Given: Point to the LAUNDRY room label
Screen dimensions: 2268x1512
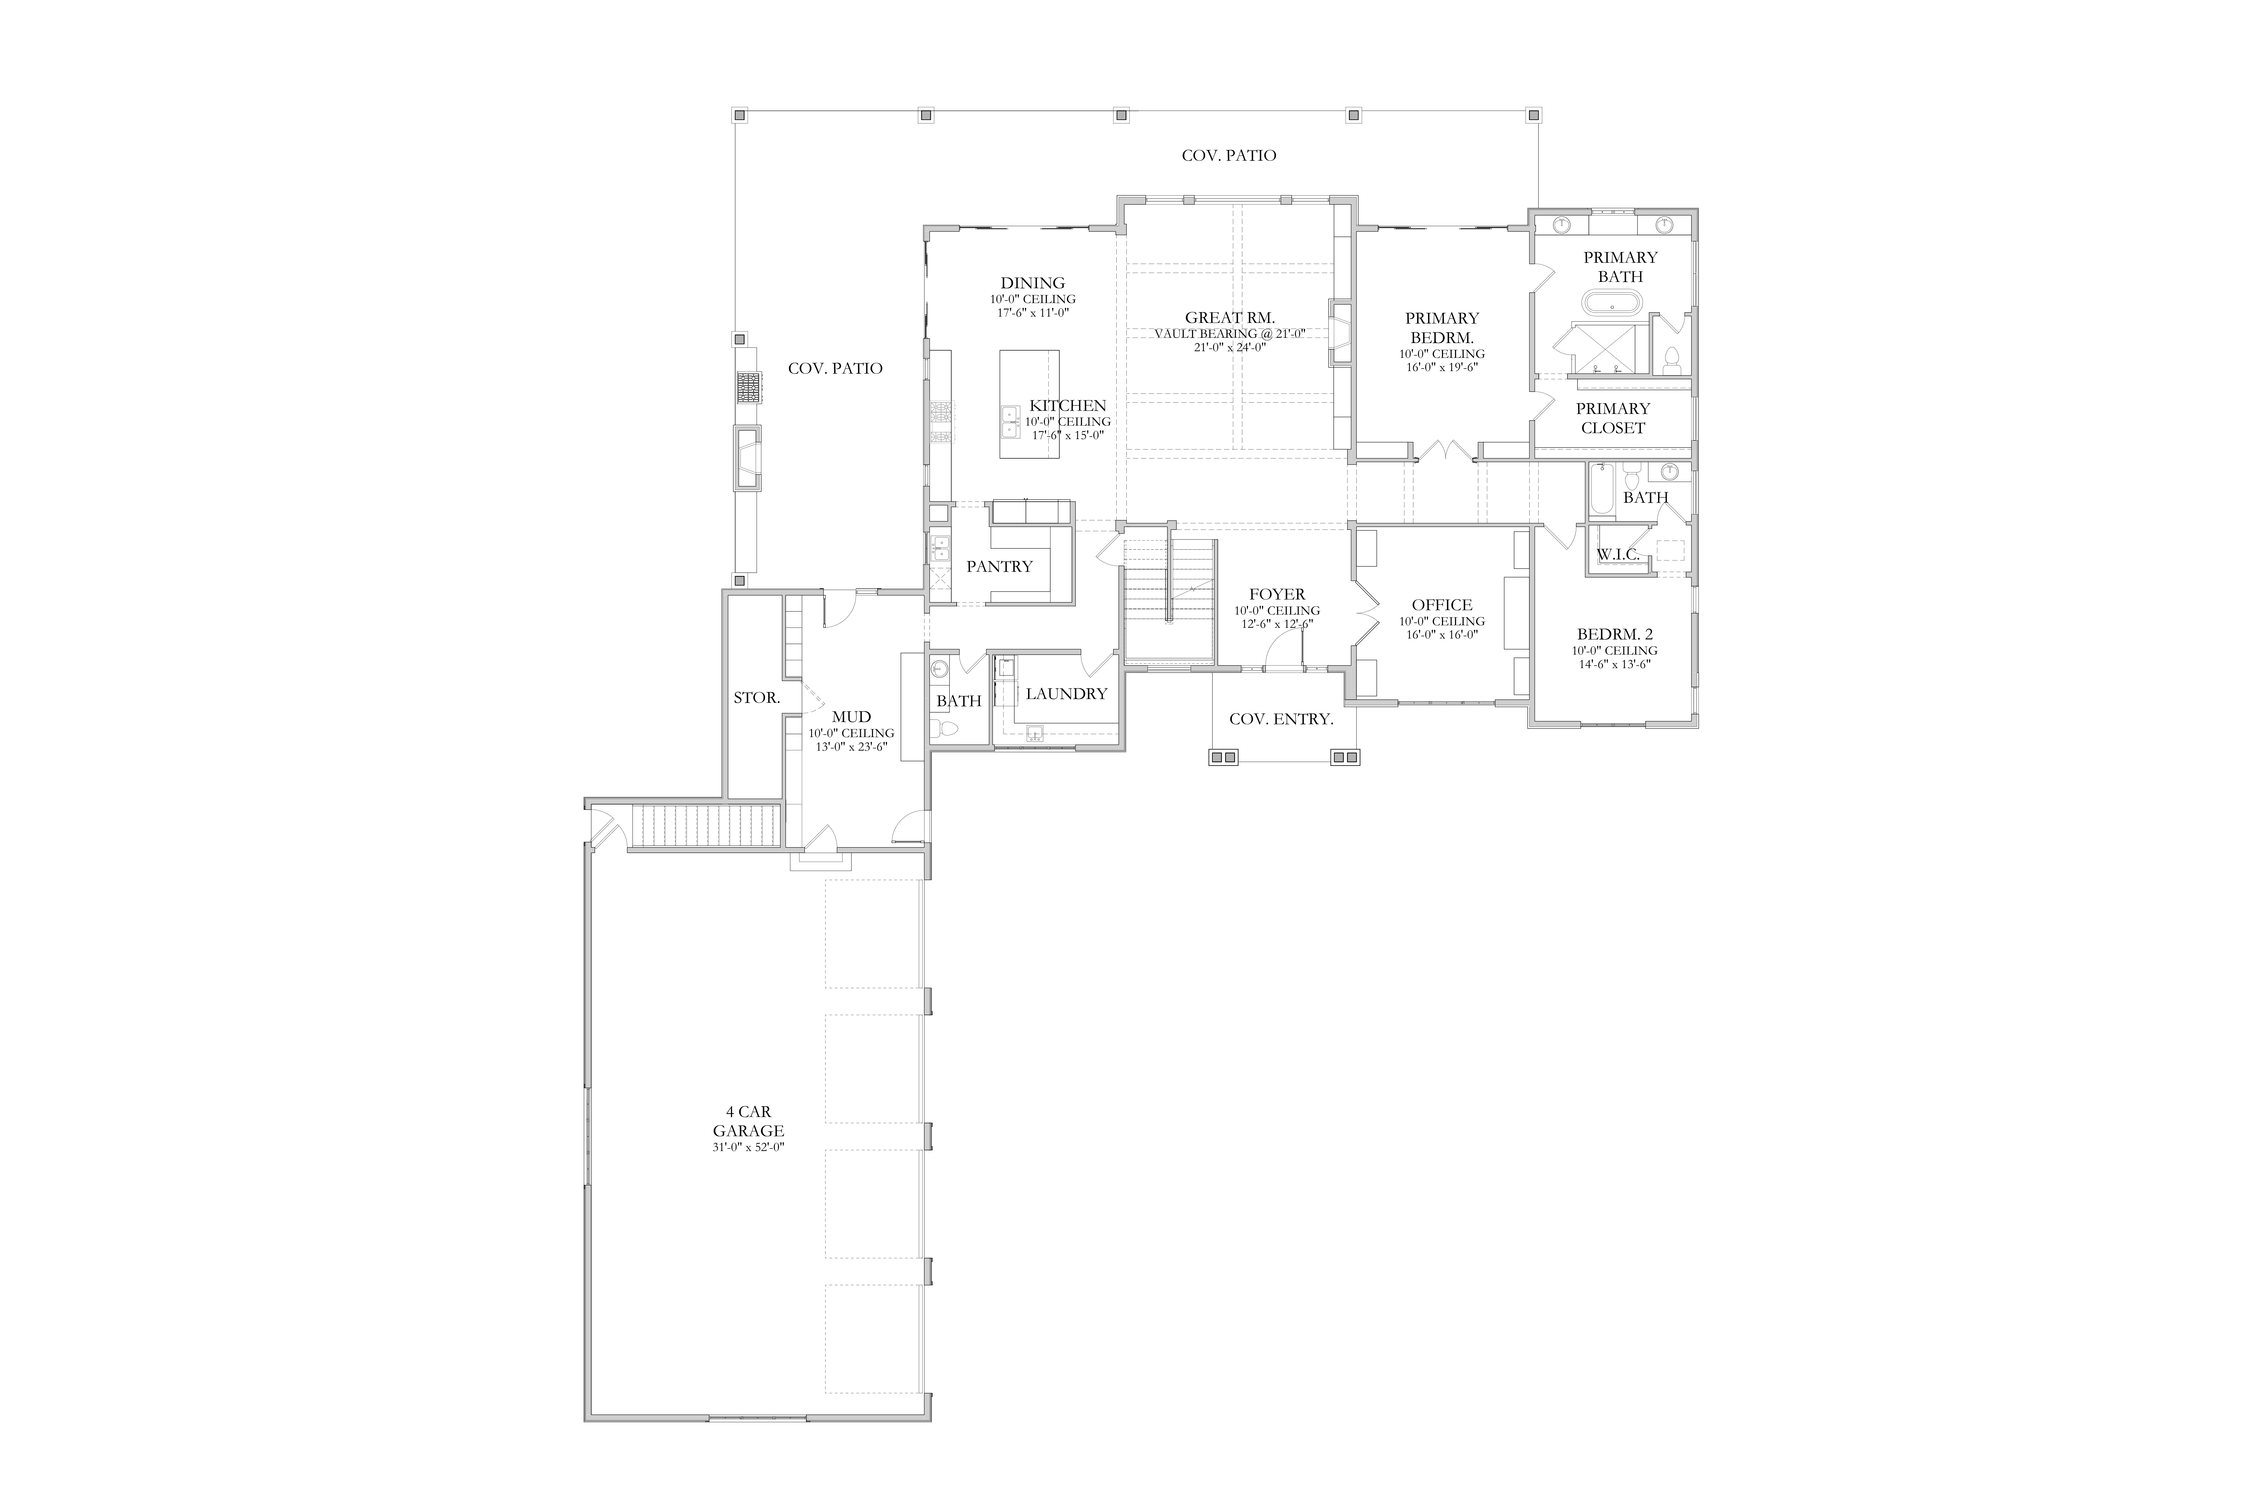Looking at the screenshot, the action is click(1067, 693).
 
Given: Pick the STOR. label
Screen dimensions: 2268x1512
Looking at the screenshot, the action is click(757, 697).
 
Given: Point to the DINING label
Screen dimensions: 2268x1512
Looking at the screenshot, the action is click(1033, 283).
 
